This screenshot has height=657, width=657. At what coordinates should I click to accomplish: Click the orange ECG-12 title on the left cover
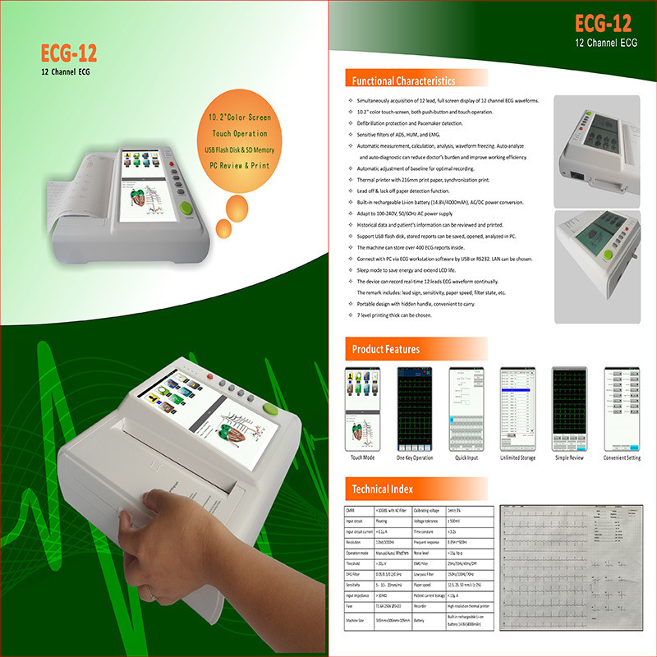pyautogui.click(x=69, y=53)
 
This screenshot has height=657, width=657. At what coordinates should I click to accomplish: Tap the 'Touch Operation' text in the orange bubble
pyautogui.click(x=240, y=133)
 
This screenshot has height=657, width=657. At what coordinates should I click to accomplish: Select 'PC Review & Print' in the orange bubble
pyautogui.click(x=240, y=165)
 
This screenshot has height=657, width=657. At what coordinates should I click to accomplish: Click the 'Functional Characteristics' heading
pyautogui.click(x=403, y=81)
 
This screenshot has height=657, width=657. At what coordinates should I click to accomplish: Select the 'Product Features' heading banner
pyautogui.click(x=386, y=350)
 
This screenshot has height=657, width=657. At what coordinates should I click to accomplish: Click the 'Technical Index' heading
pyautogui.click(x=383, y=489)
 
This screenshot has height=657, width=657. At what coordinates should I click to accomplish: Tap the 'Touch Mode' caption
pyautogui.click(x=362, y=457)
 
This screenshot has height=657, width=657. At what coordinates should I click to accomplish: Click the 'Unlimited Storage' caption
pyautogui.click(x=518, y=457)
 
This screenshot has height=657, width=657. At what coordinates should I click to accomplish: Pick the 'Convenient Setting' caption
pyautogui.click(x=622, y=457)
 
